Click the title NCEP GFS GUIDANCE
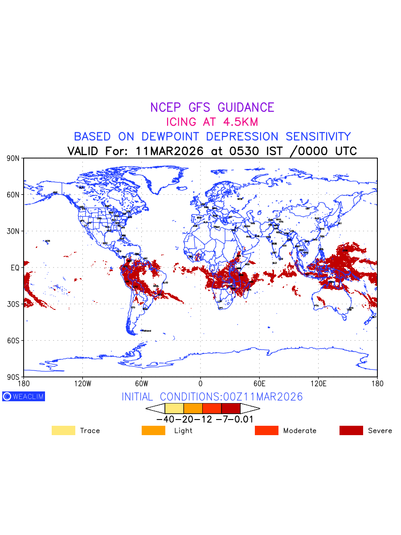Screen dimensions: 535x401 coord(212,107)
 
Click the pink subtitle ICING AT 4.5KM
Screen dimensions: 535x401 coord(212,122)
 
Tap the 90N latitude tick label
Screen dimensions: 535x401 coord(13,158)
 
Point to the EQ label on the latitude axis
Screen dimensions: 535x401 coord(15,267)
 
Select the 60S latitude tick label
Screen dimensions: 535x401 coord(13,341)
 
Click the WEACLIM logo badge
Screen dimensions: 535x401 coord(24,396)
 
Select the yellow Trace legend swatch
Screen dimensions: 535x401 coord(63,430)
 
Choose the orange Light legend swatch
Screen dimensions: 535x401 coord(153,430)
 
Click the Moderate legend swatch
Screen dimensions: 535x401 coord(266,430)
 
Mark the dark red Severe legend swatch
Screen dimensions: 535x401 coord(351,430)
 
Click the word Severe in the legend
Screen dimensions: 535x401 coord(380,431)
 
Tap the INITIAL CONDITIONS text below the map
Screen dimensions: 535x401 coord(212,397)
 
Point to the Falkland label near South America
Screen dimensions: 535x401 coord(146,331)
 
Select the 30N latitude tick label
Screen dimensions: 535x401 coord(13,231)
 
